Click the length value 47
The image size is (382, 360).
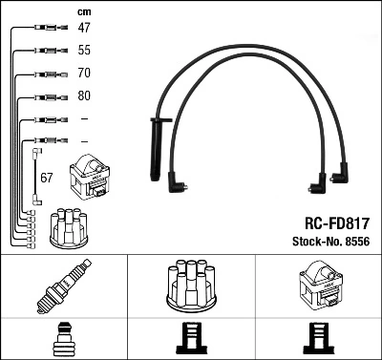[x=84, y=29]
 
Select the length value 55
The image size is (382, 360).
[x=84, y=49]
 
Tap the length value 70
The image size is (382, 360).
[x=84, y=73]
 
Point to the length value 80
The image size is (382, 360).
[x=84, y=96]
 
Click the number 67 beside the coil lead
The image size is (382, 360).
[x=47, y=179]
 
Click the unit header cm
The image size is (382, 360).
[x=83, y=11]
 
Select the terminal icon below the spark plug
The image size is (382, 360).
[x=63, y=341]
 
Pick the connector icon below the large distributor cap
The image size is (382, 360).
[x=192, y=341]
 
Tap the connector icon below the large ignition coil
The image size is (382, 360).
[x=319, y=341]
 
